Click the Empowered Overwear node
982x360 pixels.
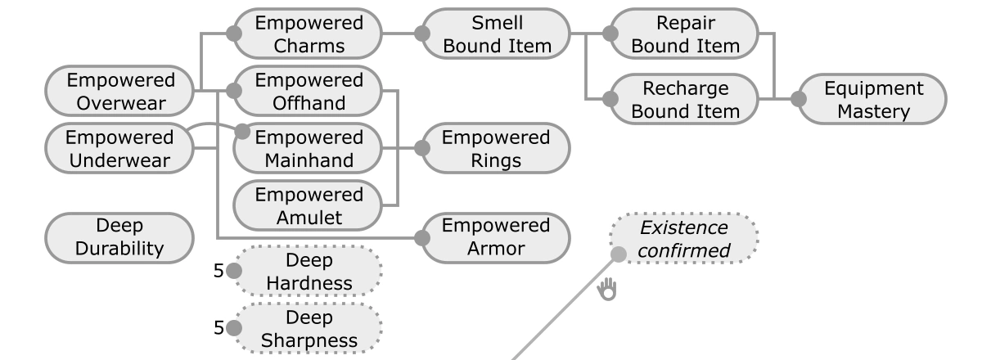pos(120,91)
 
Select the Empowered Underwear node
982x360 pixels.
pos(120,148)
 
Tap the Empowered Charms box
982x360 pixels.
pos(309,34)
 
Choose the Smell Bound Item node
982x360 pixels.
pos(497,34)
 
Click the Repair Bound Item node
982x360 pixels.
pos(685,34)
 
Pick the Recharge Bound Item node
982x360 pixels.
pos(685,99)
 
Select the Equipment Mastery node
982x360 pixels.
pos(873,99)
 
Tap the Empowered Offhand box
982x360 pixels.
pos(309,91)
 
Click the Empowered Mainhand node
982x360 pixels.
pos(309,148)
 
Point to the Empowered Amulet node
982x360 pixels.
pos(309,205)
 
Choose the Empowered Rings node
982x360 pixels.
pos(497,148)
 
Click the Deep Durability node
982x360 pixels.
pos(120,238)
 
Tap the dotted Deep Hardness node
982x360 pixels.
pos(309,272)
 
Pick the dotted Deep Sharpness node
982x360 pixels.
pos(309,328)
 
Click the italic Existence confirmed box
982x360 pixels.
pos(684,238)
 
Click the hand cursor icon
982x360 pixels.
pos(606,288)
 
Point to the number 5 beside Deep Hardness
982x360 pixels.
pos(218,272)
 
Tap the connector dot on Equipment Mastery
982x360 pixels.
pos(800,99)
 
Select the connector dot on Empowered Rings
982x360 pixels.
pos(422,148)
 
